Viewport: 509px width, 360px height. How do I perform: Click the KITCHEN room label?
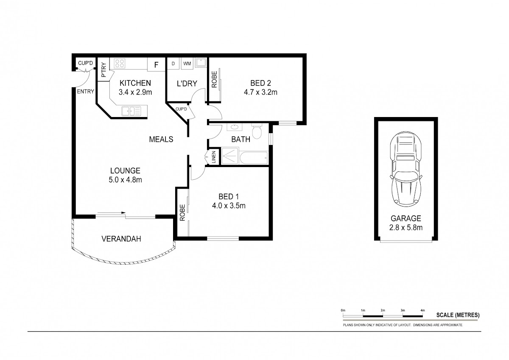[135, 83]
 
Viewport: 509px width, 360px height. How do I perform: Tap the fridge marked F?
[156, 64]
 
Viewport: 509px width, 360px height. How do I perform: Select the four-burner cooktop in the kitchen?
[120, 63]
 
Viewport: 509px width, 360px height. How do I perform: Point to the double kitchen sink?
[131, 111]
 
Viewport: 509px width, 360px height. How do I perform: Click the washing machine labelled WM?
[187, 63]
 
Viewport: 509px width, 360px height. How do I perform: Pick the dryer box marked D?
[173, 63]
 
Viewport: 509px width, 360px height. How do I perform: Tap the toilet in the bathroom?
[257, 131]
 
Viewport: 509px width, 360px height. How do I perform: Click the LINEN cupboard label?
[214, 157]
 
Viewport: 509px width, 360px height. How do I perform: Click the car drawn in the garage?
[406, 169]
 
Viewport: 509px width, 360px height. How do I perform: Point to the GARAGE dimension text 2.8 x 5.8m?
[406, 227]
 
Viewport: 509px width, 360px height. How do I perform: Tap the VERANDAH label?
[121, 239]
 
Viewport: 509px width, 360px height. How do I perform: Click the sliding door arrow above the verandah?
[112, 213]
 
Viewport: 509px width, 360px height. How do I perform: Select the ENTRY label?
[85, 92]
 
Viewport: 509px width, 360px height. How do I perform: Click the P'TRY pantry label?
[103, 70]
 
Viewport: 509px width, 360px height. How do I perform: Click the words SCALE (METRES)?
[458, 315]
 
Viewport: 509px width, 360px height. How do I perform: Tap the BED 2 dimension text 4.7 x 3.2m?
[260, 92]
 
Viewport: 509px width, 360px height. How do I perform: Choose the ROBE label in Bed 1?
[182, 212]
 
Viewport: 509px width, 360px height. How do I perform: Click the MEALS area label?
[161, 139]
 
